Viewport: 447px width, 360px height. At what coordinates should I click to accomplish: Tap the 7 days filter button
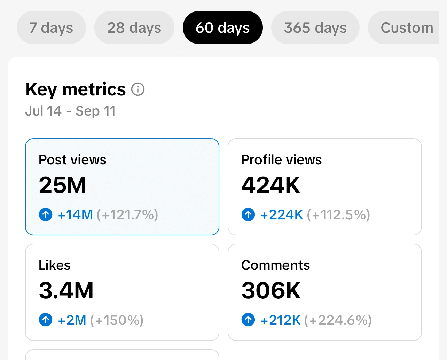click(51, 28)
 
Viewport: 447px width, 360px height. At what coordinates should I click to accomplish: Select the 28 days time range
click(134, 28)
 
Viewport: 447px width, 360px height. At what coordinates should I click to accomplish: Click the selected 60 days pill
click(223, 28)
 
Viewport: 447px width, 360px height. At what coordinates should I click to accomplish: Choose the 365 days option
click(315, 28)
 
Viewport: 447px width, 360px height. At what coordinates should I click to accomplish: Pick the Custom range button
click(404, 28)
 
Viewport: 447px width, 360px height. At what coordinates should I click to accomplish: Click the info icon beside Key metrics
click(138, 89)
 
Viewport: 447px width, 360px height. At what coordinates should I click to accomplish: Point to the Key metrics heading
click(76, 89)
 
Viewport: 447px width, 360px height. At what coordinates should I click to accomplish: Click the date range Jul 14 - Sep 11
click(70, 111)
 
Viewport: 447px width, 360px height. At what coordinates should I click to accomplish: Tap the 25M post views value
click(62, 185)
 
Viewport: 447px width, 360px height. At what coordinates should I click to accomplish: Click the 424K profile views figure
click(270, 185)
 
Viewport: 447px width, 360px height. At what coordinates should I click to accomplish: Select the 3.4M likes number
click(66, 290)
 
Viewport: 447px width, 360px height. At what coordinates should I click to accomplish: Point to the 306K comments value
click(271, 290)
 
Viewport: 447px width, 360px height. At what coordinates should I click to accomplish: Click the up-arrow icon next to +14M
click(46, 214)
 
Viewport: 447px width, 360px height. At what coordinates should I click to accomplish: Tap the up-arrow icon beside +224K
click(248, 214)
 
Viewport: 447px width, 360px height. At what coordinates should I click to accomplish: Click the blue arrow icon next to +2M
click(46, 320)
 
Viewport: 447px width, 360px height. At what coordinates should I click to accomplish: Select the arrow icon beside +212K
click(248, 320)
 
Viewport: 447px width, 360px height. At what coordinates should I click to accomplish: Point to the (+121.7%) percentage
click(127, 214)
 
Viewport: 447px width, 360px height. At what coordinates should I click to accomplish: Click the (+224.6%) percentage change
click(338, 320)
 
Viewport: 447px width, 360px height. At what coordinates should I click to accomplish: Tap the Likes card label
click(55, 265)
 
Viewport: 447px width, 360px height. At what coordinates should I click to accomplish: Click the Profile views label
click(281, 160)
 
